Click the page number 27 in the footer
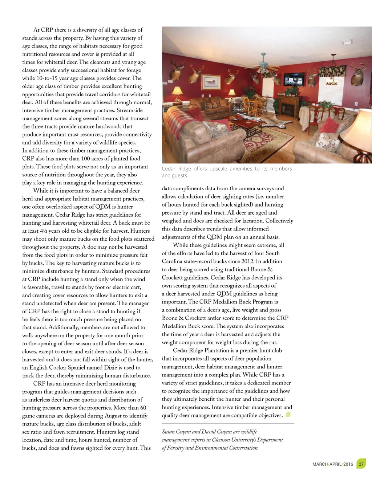click(x=361, y=464)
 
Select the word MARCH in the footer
click(x=320, y=464)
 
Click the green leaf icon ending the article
click(x=288, y=415)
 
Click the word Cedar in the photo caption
click(x=169, y=169)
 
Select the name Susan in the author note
click(x=168, y=432)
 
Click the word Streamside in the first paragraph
click(x=130, y=110)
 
